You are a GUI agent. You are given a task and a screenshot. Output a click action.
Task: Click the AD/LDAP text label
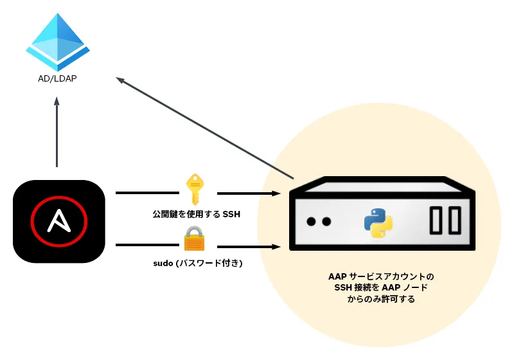click(57, 80)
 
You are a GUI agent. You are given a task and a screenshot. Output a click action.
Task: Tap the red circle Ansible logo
click(59, 222)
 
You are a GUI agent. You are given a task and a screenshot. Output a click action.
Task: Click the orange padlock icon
click(194, 239)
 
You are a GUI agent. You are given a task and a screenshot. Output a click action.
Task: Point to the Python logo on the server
click(378, 222)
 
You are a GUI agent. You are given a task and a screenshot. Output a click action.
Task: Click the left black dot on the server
click(311, 222)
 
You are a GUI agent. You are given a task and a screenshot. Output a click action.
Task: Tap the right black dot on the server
click(326, 222)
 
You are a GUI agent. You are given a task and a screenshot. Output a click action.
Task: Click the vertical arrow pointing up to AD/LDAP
click(57, 132)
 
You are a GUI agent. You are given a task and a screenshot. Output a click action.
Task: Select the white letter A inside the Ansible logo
click(59, 222)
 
